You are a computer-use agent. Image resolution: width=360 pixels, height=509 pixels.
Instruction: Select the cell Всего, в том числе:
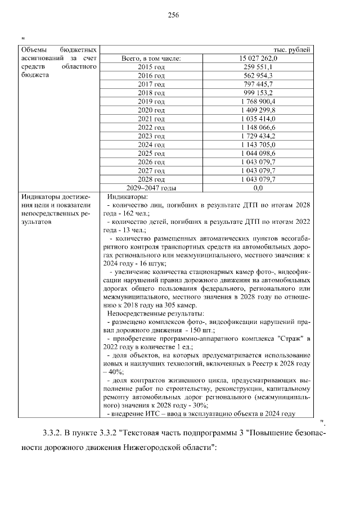coord(151,58)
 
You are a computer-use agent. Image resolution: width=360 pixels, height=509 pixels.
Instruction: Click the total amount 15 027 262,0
coord(259,58)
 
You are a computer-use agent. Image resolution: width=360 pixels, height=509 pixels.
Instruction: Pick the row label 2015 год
coord(151,66)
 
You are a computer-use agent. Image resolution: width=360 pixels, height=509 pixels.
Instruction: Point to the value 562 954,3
coord(259,75)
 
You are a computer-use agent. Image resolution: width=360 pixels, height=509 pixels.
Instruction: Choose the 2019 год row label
coord(151,101)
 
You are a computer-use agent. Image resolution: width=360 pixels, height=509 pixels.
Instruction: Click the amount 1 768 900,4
coord(259,101)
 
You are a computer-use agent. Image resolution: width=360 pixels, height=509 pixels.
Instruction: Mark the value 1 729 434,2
coord(259,136)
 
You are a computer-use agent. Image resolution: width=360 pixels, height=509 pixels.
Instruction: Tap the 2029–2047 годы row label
coord(151,188)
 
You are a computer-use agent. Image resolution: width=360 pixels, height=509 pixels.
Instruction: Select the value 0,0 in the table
coord(259,188)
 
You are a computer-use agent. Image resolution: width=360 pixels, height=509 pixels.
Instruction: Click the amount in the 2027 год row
coord(259,170)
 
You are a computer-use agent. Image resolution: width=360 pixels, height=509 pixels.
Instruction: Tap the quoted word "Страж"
coord(286,339)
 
